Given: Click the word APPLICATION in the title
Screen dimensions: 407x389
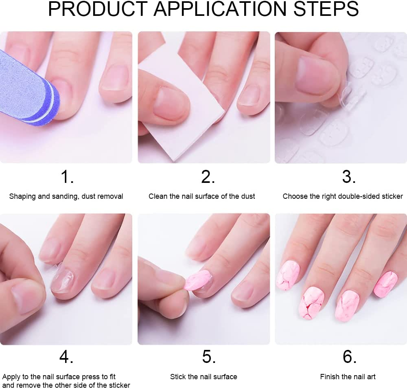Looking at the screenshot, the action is pyautogui.click(x=220, y=9).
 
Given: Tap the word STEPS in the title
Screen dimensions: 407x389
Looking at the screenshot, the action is pyautogui.click(x=326, y=9).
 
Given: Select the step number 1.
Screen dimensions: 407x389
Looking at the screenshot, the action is pyautogui.click(x=67, y=177).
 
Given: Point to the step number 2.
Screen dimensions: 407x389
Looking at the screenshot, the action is pyautogui.click(x=208, y=177).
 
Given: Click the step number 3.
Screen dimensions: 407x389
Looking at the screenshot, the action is pyautogui.click(x=349, y=177).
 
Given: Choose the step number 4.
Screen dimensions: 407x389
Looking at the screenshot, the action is pyautogui.click(x=66, y=357).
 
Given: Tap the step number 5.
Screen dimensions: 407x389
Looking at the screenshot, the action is pyautogui.click(x=209, y=357).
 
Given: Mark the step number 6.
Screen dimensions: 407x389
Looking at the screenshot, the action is pyautogui.click(x=349, y=357).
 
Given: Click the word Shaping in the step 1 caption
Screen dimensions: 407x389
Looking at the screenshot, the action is pyautogui.click(x=22, y=196).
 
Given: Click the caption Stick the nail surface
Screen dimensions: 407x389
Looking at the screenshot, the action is pyautogui.click(x=203, y=377).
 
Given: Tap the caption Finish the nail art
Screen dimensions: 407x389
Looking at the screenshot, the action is pyautogui.click(x=348, y=377).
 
